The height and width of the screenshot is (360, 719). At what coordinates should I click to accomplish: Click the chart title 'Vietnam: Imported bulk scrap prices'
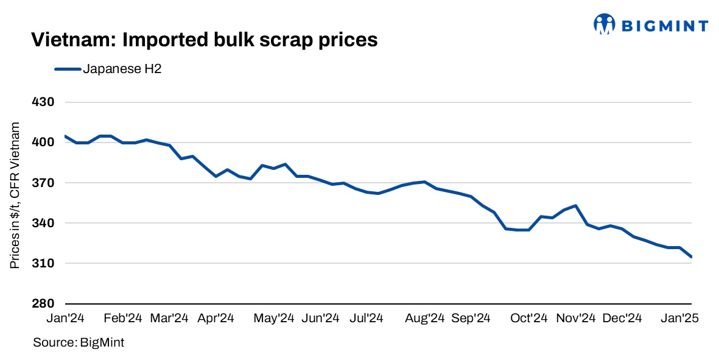[x=204, y=40]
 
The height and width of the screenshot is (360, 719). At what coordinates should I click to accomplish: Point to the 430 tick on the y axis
[x=43, y=102]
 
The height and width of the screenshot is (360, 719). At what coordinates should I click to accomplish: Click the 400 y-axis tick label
[x=43, y=143]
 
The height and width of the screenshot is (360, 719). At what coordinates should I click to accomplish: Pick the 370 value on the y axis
[x=43, y=183]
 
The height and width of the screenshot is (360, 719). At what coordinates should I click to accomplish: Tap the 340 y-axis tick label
[x=43, y=223]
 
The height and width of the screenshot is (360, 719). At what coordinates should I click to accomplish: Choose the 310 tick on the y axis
[x=43, y=263]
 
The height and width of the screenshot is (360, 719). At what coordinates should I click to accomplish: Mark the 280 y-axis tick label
[x=43, y=303]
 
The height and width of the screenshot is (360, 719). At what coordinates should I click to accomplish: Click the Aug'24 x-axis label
[x=425, y=318]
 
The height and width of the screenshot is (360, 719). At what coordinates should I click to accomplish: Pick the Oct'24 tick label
[x=528, y=318]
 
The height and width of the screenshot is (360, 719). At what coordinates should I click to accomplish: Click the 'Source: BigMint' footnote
[x=79, y=342]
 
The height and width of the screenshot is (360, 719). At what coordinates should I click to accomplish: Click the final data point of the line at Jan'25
[x=691, y=257]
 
